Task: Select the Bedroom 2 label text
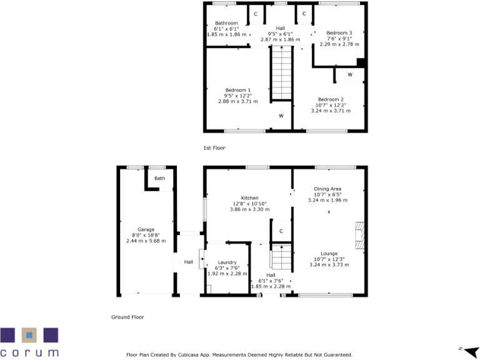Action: tap(331, 99)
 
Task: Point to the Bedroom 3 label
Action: tap(340, 32)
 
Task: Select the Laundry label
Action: tap(226, 262)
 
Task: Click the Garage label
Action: tap(146, 229)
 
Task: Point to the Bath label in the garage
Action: tap(160, 178)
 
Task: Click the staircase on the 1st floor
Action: tap(281, 73)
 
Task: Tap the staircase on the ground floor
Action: tap(281, 256)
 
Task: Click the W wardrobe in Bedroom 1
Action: tap(281, 116)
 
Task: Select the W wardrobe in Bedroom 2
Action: tap(349, 75)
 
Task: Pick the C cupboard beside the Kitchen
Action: tap(281, 231)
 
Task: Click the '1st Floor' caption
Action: tap(214, 148)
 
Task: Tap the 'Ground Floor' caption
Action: tap(127, 317)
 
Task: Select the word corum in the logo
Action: tap(29, 352)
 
